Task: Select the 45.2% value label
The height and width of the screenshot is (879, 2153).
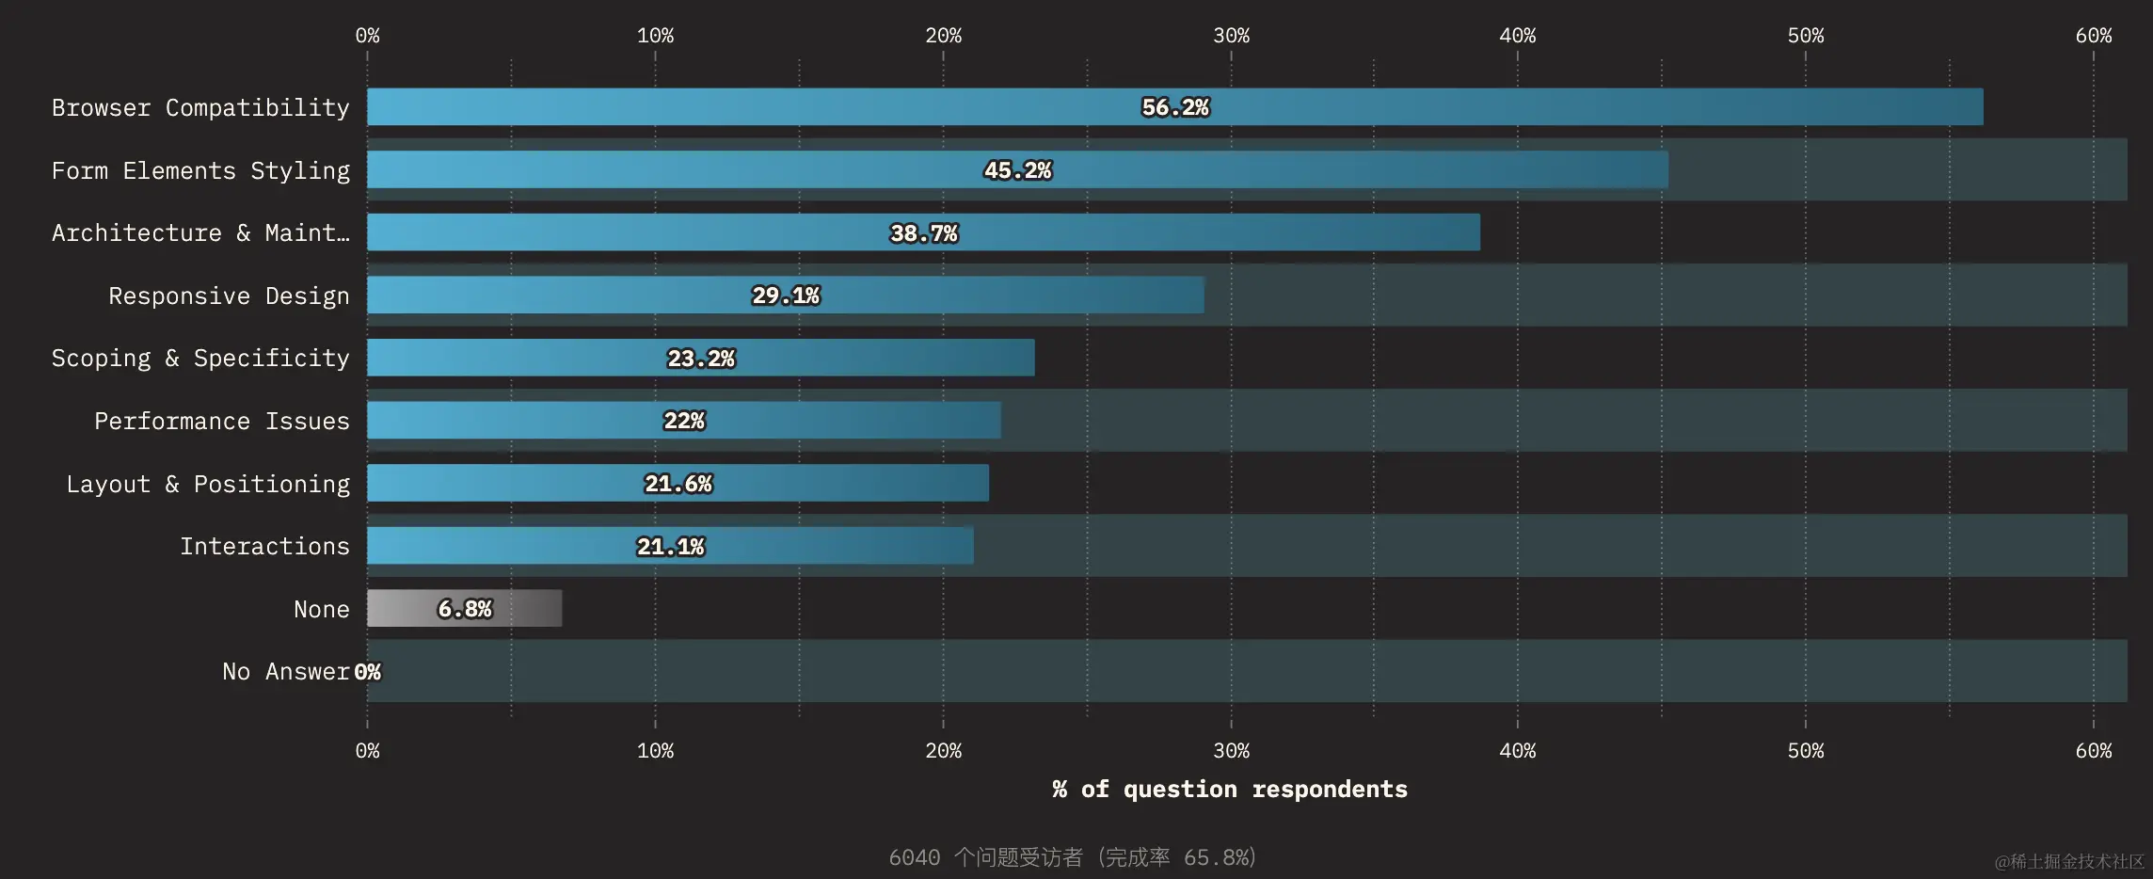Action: pyautogui.click(x=1017, y=170)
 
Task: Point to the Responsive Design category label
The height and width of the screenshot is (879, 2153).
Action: pyautogui.click(x=229, y=296)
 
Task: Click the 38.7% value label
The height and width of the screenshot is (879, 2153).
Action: pyautogui.click(x=923, y=233)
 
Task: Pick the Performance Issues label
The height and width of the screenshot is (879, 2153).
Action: pyautogui.click(x=221, y=421)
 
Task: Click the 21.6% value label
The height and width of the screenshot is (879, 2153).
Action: pyautogui.click(x=678, y=484)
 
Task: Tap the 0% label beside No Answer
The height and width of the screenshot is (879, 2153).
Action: pyautogui.click(x=368, y=672)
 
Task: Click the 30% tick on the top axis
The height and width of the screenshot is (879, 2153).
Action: pyautogui.click(x=1231, y=36)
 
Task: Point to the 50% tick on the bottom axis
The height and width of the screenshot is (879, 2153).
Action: pyautogui.click(x=1805, y=751)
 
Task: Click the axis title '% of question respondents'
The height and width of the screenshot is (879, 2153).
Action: pyautogui.click(x=1230, y=789)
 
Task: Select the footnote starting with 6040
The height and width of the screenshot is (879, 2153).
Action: pyautogui.click(x=1073, y=857)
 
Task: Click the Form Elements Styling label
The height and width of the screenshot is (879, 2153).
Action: pyautogui.click(x=200, y=170)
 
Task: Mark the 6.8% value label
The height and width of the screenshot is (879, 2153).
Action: pyautogui.click(x=465, y=609)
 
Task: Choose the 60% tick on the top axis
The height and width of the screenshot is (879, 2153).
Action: pyautogui.click(x=2093, y=36)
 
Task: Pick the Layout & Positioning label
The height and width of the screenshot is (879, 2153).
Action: pyautogui.click(x=208, y=484)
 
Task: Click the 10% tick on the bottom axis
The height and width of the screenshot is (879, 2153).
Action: pyautogui.click(x=655, y=751)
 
